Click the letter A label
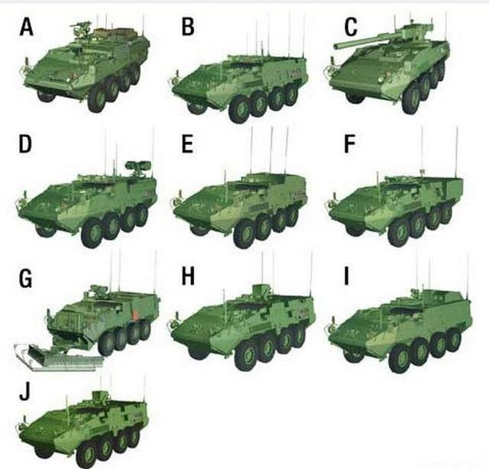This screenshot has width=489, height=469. click(x=27, y=27)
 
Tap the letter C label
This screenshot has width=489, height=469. click(x=351, y=27)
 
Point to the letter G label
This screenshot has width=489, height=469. click(x=25, y=278)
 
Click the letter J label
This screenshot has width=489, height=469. click(x=25, y=391)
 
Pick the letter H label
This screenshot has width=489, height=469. click(x=188, y=276)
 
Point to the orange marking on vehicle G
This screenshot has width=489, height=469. click(x=135, y=315)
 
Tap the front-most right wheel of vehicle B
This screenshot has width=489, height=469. click(x=239, y=109)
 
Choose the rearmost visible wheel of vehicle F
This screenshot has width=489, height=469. click(x=446, y=212)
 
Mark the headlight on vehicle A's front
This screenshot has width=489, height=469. click(x=68, y=80)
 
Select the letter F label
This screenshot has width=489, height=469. click(x=350, y=144)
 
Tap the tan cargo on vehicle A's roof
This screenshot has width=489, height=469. click(x=115, y=32)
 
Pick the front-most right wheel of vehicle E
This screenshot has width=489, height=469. click(x=244, y=234)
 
